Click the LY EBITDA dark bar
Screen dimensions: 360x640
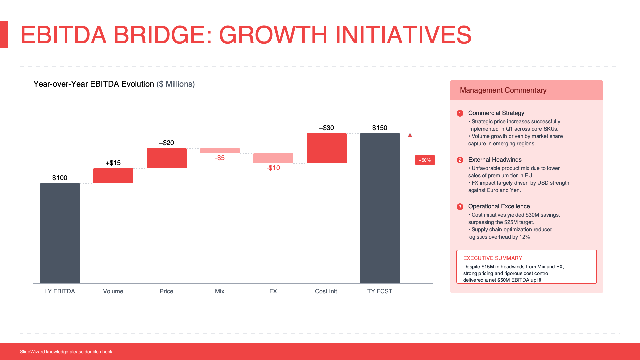[x=60, y=233]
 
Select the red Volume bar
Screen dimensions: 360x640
[x=113, y=176]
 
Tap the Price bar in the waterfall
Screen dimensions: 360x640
[x=167, y=158]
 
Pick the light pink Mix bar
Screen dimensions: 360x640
[x=220, y=151]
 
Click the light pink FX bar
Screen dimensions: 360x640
[x=273, y=158]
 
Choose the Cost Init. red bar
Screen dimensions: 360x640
[x=327, y=148]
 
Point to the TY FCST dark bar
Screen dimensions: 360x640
[x=380, y=208]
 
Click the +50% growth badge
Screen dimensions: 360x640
[x=425, y=160]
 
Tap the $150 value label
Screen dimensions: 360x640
[x=380, y=128]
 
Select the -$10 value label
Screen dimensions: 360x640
[x=273, y=168]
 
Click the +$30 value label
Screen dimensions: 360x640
[x=326, y=128]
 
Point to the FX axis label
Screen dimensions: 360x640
[x=273, y=291]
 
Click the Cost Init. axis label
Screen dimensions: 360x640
[x=327, y=291]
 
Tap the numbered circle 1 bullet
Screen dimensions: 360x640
[x=460, y=113]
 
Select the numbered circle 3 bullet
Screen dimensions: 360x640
[x=460, y=207]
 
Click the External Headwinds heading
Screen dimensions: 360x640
[x=495, y=160]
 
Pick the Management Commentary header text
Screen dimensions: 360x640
[x=503, y=90]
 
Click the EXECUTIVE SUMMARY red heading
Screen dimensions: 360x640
[x=493, y=258]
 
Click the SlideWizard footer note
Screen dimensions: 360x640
[x=66, y=352]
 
